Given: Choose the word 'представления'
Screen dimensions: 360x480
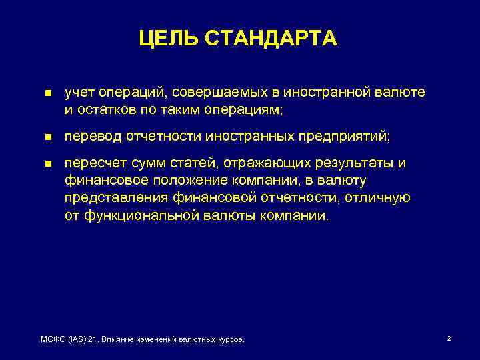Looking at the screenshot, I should pyautogui.click(x=111, y=198).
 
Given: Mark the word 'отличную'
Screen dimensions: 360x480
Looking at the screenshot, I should pyautogui.click(x=384, y=198).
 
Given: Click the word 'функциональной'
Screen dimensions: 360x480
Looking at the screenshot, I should pyautogui.click(x=136, y=215).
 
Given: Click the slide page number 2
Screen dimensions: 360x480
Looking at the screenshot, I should pyautogui.click(x=449, y=339).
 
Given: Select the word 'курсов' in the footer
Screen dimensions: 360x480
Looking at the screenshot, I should pyautogui.click(x=231, y=340).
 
